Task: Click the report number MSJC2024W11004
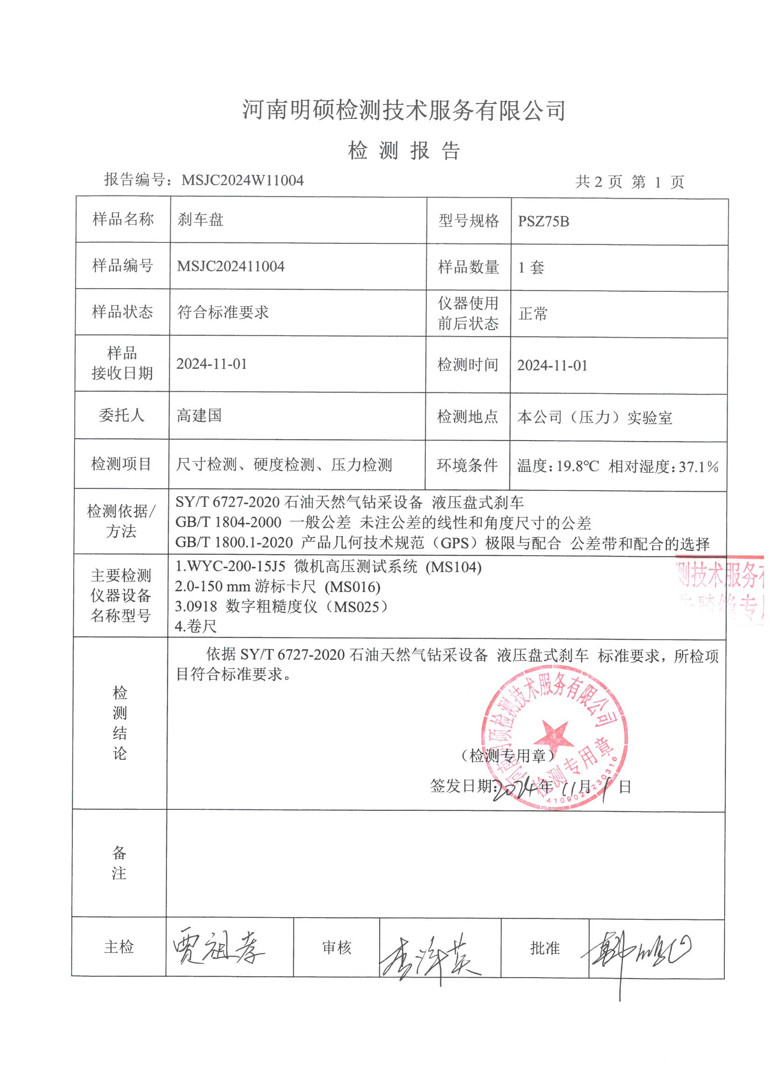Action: (x=242, y=180)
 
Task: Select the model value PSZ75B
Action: (x=543, y=222)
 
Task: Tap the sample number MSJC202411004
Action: (x=230, y=266)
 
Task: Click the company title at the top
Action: (x=404, y=110)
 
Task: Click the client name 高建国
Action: (x=199, y=415)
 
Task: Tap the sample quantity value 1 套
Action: (x=531, y=268)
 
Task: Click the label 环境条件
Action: (x=467, y=465)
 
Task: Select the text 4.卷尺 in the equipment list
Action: (x=196, y=627)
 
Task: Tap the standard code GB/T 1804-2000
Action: (x=228, y=522)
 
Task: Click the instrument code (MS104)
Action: (x=453, y=567)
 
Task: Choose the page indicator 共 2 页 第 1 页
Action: (x=629, y=182)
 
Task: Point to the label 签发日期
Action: (x=461, y=786)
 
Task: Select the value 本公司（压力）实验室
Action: (x=595, y=418)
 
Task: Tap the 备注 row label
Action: (x=119, y=863)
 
